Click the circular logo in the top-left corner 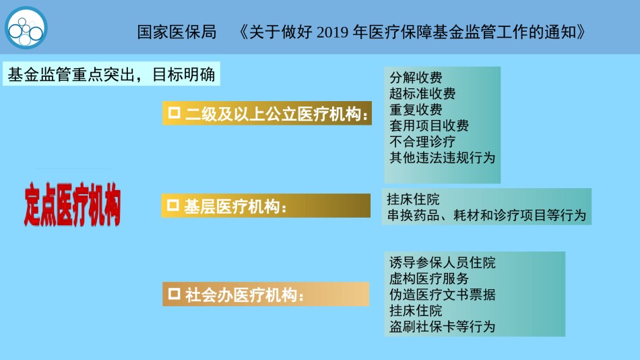tap(26, 28)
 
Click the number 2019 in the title tap(332, 32)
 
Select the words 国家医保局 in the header tap(177, 32)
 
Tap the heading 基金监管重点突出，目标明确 tap(111, 74)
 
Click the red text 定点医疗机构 tap(72, 204)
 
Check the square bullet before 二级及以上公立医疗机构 tap(174, 113)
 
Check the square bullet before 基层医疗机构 tap(172, 205)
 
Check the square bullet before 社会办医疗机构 tap(174, 293)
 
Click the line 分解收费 tap(416, 78)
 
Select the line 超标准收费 tap(422, 94)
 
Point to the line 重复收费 tap(416, 109)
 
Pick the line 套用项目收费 tap(428, 125)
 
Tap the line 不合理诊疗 tap(422, 142)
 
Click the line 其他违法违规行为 tap(442, 158)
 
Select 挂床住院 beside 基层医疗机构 tap(413, 200)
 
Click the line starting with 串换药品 tap(486, 215)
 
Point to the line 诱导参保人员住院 tap(442, 262)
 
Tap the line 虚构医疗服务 tap(428, 278)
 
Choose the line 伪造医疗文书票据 tap(442, 295)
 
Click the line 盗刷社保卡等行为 tap(442, 326)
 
